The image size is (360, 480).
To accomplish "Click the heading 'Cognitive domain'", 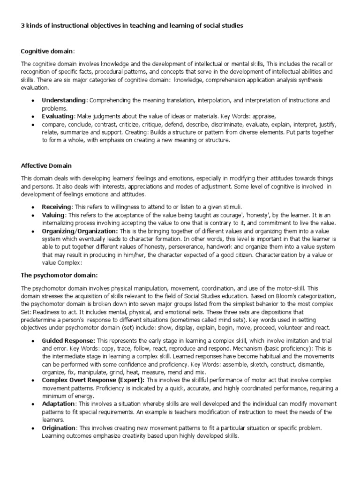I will (x=47, y=51).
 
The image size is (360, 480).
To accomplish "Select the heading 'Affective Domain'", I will (x=46, y=165).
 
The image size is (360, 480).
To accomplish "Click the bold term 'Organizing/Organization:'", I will (x=80, y=231).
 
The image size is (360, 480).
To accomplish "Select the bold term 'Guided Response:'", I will (x=68, y=341).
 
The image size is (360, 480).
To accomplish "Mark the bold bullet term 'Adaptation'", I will (x=58, y=404).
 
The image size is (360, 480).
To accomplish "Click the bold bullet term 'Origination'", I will (x=59, y=428).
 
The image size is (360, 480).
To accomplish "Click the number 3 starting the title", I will (x=23, y=26).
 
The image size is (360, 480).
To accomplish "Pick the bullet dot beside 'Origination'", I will (x=32, y=428).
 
